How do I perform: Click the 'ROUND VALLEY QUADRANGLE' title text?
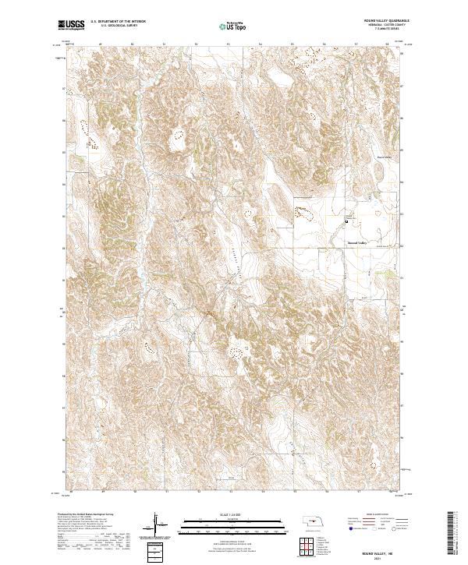(x=381, y=21)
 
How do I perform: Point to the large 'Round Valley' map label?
(x=361, y=242)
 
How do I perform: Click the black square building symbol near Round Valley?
(x=347, y=223)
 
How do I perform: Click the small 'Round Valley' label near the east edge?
(x=385, y=156)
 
